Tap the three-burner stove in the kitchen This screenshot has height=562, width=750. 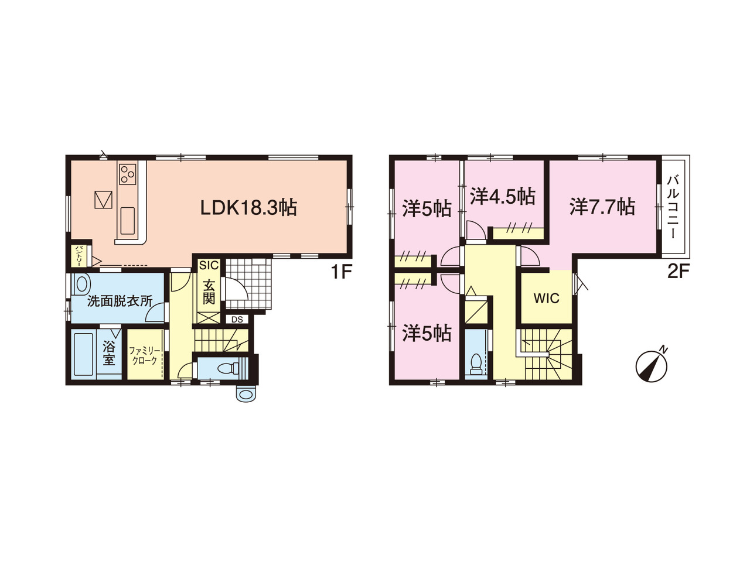(127, 174)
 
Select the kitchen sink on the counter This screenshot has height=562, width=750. (128, 221)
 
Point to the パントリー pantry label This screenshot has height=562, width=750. (79, 256)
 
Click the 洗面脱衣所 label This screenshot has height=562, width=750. (120, 301)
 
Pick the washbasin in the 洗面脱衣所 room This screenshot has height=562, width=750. (81, 283)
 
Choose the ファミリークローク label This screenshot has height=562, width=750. (144, 355)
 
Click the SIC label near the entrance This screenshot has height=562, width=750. (209, 265)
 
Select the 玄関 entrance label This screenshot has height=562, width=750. (209, 292)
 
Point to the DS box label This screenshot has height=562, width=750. (237, 320)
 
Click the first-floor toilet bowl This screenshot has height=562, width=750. (226, 368)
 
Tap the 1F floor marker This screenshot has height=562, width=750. (340, 272)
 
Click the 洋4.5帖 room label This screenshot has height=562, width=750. (502, 197)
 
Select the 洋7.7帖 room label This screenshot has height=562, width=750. (602, 207)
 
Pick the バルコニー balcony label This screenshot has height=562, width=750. (673, 207)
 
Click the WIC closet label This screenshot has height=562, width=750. (547, 299)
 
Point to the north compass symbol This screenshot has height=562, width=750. (651, 366)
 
